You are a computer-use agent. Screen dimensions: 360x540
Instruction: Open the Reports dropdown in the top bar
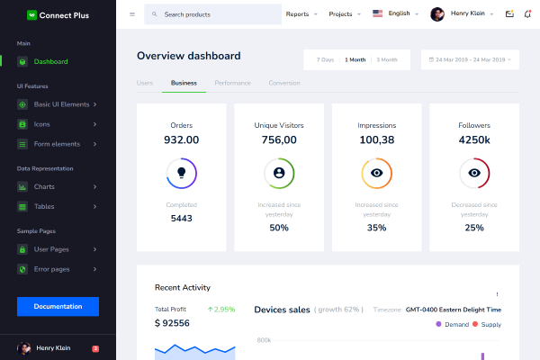(300, 14)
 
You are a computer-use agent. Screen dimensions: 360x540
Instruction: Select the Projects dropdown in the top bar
(344, 14)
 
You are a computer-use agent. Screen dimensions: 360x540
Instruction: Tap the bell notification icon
(527, 14)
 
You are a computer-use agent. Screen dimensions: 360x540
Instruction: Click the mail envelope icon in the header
(509, 14)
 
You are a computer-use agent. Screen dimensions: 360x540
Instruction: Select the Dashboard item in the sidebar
(50, 61)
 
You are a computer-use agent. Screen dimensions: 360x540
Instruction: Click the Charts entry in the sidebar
(44, 186)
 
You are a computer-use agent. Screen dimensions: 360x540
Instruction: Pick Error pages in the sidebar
(51, 269)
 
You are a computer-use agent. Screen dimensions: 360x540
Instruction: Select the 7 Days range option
(325, 60)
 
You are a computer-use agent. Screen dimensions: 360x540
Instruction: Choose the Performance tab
(232, 83)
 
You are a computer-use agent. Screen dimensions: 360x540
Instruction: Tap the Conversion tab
(284, 83)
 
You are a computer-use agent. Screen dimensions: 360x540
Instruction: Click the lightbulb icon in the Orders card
(181, 172)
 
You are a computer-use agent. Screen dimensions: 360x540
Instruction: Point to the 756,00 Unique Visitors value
(279, 139)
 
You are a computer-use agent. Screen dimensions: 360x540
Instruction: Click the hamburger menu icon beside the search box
(132, 14)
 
